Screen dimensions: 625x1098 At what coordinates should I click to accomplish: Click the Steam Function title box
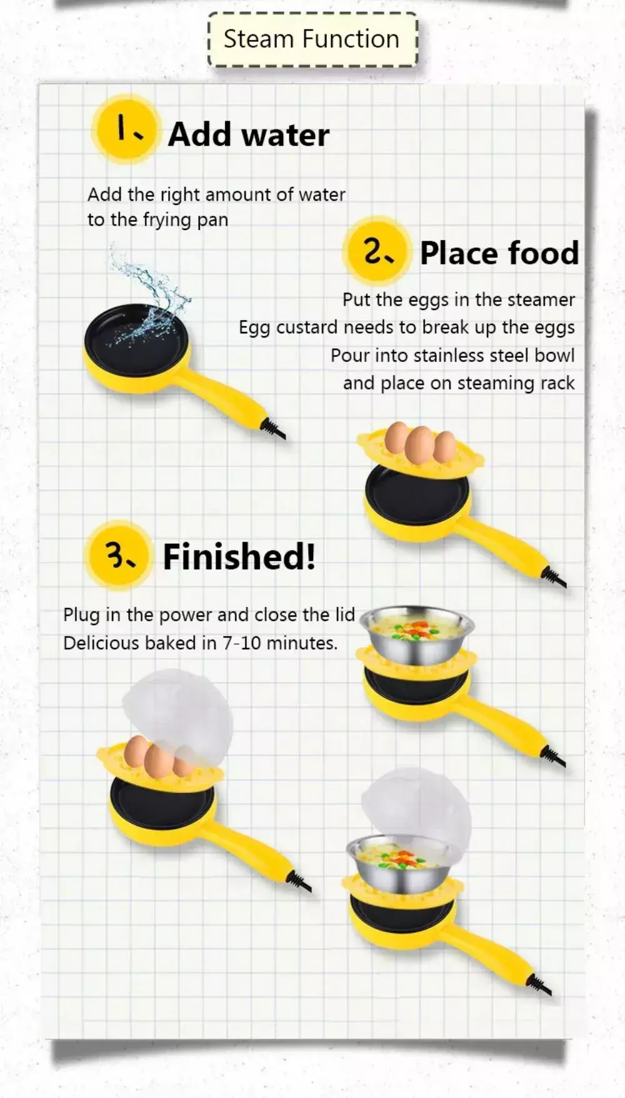click(x=312, y=39)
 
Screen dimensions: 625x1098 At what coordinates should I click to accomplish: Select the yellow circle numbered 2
click(x=377, y=251)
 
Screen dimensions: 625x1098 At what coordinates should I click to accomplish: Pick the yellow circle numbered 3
click(x=119, y=555)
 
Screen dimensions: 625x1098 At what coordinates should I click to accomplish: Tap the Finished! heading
click(x=239, y=557)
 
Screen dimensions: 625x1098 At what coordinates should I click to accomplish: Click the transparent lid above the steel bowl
click(x=416, y=810)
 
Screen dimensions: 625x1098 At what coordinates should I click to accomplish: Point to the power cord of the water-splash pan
click(x=274, y=430)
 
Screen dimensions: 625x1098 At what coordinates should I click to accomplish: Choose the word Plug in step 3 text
click(x=82, y=615)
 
